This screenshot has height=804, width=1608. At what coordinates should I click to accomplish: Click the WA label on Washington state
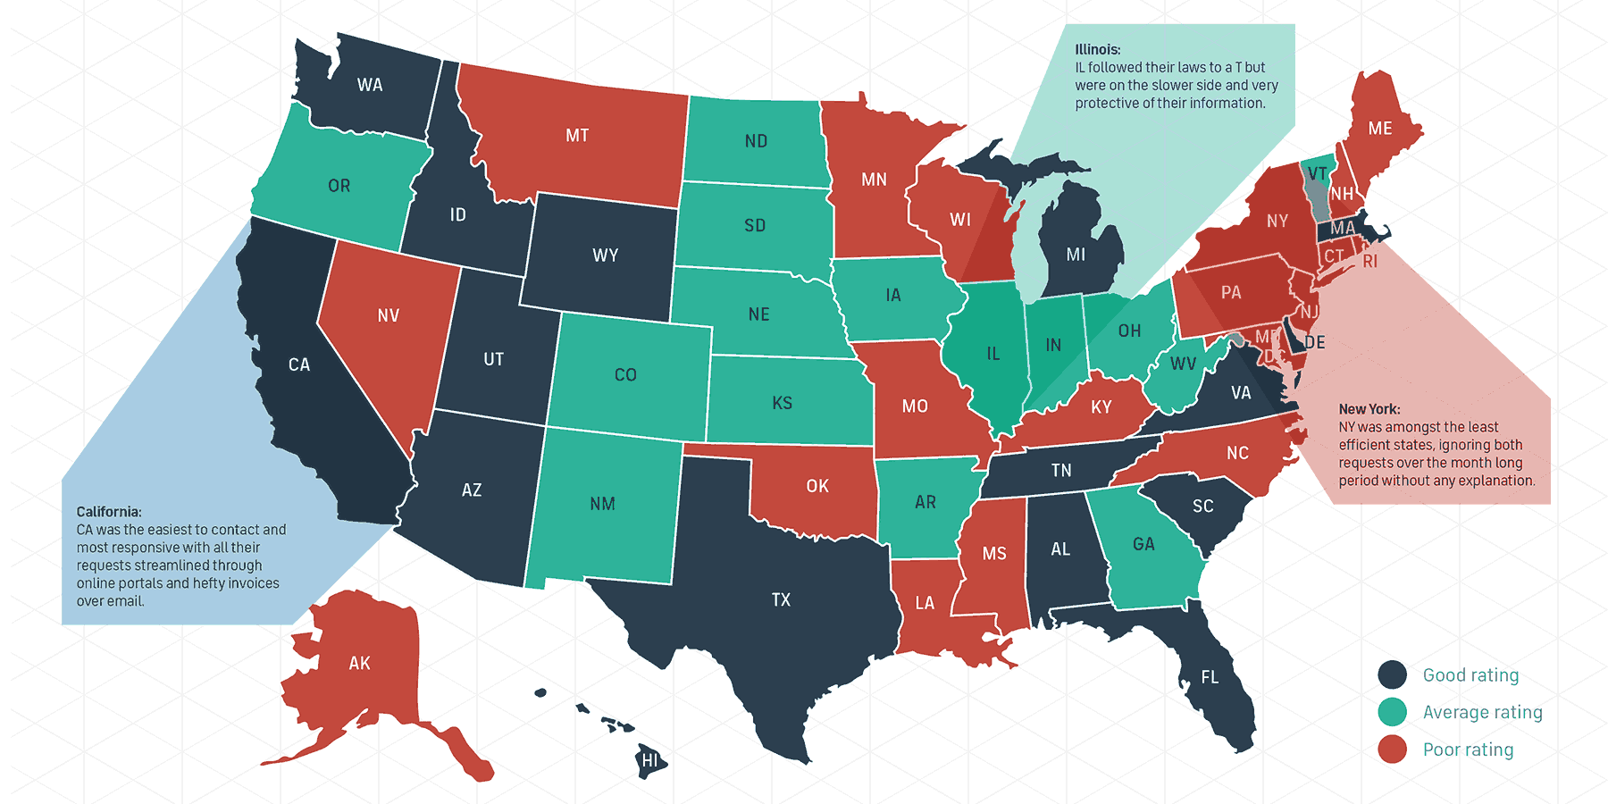pyautogui.click(x=370, y=85)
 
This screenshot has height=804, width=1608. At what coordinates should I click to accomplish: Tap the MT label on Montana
pyautogui.click(x=577, y=136)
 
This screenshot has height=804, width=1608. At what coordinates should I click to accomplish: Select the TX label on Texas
pyautogui.click(x=781, y=600)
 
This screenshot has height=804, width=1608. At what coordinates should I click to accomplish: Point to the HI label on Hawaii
pyautogui.click(x=649, y=761)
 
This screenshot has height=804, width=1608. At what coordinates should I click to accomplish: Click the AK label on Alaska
pyautogui.click(x=359, y=664)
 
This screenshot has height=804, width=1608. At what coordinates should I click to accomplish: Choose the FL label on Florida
pyautogui.click(x=1210, y=677)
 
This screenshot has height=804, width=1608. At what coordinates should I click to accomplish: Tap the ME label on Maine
pyautogui.click(x=1380, y=129)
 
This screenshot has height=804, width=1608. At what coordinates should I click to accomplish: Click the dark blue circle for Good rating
pyautogui.click(x=1392, y=675)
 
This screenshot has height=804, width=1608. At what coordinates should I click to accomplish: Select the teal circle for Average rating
pyautogui.click(x=1392, y=712)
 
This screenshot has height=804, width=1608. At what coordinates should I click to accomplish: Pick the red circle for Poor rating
pyautogui.click(x=1392, y=750)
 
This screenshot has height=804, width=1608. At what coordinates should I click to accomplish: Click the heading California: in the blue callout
pyautogui.click(x=109, y=512)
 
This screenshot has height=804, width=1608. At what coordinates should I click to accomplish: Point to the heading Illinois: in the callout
pyautogui.click(x=1098, y=50)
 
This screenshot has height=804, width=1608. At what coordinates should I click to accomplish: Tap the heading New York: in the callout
pyautogui.click(x=1369, y=409)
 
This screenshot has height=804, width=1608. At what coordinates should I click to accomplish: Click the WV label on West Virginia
pyautogui.click(x=1183, y=364)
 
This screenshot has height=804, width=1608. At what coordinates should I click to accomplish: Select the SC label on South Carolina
pyautogui.click(x=1203, y=507)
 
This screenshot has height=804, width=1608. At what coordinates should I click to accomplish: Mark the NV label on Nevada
pyautogui.click(x=388, y=315)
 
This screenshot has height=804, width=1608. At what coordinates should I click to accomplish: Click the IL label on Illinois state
pyautogui.click(x=993, y=354)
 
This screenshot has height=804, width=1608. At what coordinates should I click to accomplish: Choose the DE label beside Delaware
pyautogui.click(x=1315, y=343)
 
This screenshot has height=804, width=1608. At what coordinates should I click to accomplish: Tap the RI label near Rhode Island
pyautogui.click(x=1369, y=262)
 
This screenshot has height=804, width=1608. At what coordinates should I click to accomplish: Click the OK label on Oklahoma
pyautogui.click(x=817, y=486)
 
